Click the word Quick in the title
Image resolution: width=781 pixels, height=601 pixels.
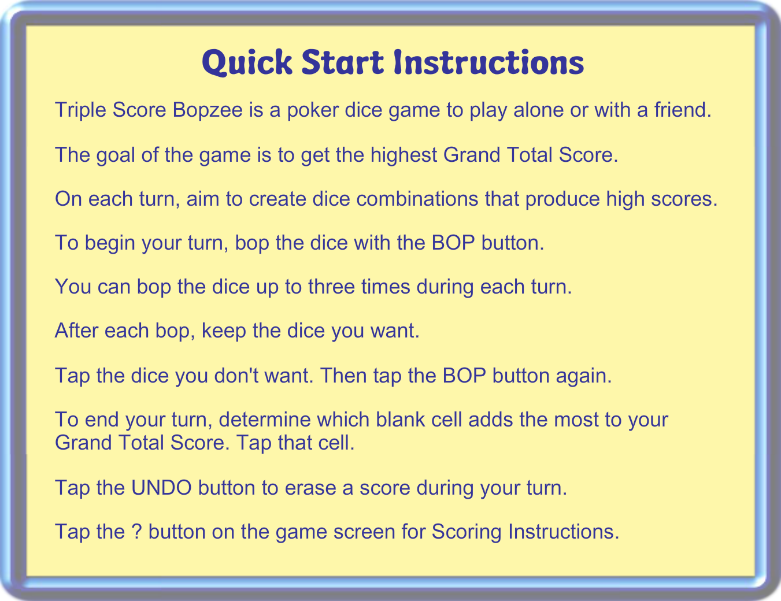tap(247, 63)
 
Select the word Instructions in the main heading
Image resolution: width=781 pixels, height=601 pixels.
tap(489, 62)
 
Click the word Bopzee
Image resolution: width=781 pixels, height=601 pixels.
tap(208, 110)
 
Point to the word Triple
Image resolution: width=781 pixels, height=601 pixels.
tap(80, 110)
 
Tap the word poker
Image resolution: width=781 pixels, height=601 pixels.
tap(313, 110)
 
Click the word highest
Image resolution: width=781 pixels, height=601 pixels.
tap(404, 155)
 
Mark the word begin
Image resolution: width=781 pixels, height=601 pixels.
tap(110, 243)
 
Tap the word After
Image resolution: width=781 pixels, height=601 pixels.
tap(76, 331)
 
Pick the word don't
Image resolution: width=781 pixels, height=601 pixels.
tap(236, 376)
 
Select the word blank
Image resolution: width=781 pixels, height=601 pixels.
tap(400, 419)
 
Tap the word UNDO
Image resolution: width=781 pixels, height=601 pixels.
tap(161, 488)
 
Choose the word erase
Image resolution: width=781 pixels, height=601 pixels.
tap(310, 488)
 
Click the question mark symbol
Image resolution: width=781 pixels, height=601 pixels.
tap(136, 532)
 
